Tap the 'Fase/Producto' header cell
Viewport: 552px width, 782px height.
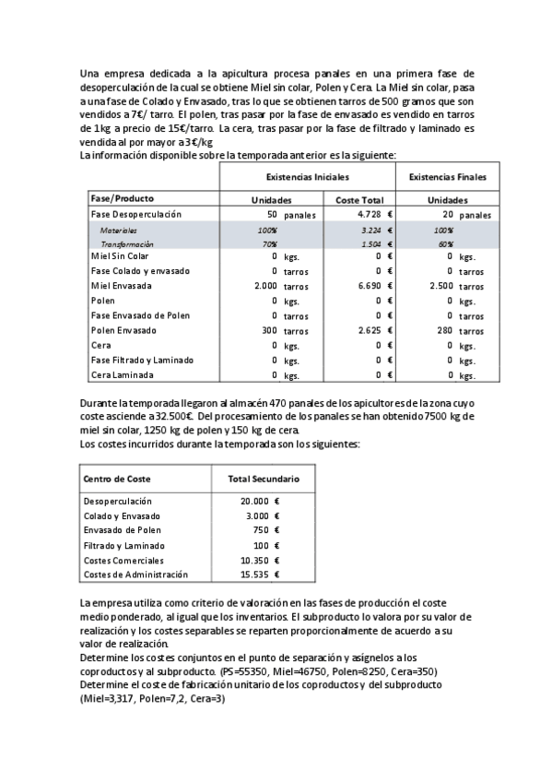[122, 198]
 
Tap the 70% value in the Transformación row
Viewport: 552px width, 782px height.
[268, 243]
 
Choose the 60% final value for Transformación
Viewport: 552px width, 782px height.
[443, 243]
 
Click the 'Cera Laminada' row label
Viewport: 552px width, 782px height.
[121, 375]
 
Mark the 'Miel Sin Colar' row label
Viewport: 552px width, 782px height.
[120, 255]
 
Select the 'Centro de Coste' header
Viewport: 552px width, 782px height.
[117, 480]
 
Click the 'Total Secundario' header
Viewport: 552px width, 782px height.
[263, 480]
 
